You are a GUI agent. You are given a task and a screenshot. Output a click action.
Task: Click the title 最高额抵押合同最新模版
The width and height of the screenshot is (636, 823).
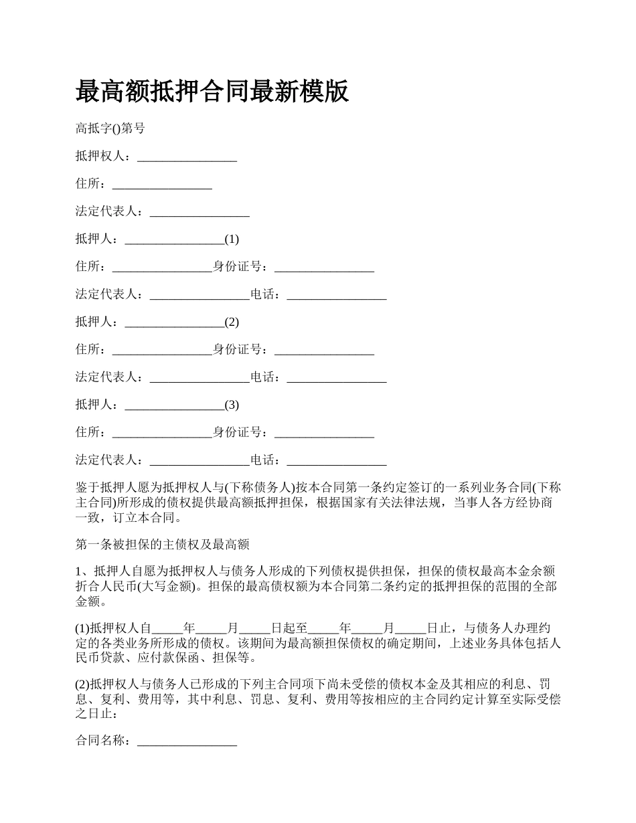[x=212, y=92]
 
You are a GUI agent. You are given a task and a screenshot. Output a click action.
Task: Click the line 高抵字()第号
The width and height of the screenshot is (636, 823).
[x=110, y=128]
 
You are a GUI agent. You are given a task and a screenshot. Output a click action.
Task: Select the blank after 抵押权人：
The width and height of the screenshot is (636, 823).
[x=187, y=157]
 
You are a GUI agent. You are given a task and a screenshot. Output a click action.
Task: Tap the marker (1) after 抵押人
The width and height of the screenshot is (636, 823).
[x=232, y=239]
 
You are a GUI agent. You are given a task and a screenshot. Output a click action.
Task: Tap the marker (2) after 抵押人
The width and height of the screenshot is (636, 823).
[x=232, y=322]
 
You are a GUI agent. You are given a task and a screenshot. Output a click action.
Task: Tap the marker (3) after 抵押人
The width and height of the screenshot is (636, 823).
[x=232, y=405]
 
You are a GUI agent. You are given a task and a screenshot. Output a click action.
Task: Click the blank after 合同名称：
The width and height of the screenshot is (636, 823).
[x=187, y=741]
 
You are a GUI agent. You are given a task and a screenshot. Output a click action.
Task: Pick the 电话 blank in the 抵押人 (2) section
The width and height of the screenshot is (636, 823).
[x=337, y=377]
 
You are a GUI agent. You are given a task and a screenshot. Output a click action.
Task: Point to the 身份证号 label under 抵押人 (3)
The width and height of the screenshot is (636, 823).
[x=238, y=432]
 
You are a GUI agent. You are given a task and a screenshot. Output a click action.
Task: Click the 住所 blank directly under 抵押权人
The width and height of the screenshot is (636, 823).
[x=162, y=184]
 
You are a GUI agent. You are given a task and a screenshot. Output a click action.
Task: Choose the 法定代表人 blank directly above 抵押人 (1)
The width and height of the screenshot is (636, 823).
[x=200, y=211]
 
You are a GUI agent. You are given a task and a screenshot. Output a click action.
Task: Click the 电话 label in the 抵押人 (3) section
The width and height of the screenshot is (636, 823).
[x=262, y=460]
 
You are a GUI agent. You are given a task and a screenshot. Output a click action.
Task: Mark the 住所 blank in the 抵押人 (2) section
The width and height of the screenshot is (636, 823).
[x=162, y=349]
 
